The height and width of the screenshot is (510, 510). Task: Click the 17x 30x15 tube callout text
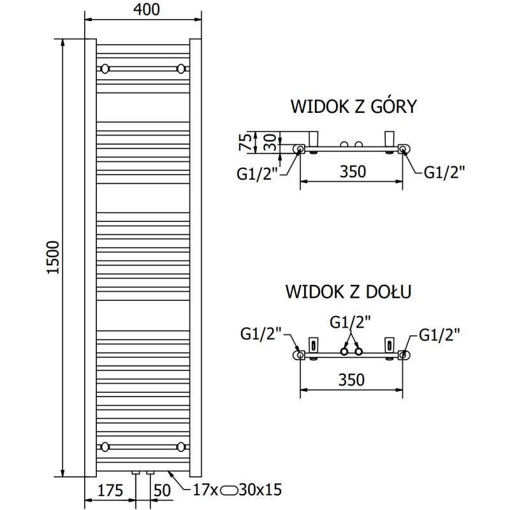(x=237, y=491)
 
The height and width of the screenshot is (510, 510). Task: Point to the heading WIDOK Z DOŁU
(x=348, y=292)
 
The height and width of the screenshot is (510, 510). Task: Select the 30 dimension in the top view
(x=271, y=142)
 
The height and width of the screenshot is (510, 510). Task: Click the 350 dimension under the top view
(x=351, y=171)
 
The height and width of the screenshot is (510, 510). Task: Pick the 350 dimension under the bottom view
(x=351, y=380)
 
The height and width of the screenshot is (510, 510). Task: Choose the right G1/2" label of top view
(x=444, y=171)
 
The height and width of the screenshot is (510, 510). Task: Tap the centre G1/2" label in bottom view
(x=350, y=322)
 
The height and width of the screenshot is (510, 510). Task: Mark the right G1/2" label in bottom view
(x=440, y=333)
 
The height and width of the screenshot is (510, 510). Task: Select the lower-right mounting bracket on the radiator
(x=182, y=446)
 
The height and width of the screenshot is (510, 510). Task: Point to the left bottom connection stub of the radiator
(x=136, y=474)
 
